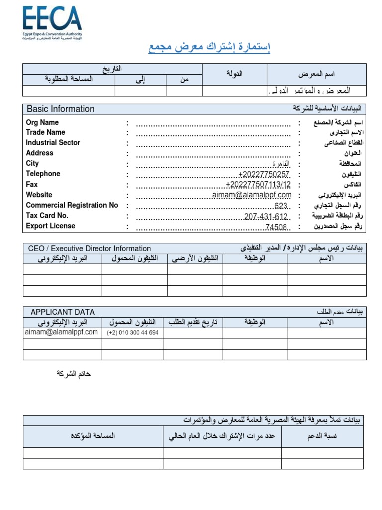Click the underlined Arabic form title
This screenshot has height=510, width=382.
[209, 48]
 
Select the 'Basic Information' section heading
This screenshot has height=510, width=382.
[60, 109]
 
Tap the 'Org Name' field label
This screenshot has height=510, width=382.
[42, 122]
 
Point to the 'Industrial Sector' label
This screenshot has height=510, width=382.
[53, 143]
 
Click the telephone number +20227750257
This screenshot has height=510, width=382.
[264, 174]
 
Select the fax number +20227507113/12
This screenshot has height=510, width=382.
[258, 185]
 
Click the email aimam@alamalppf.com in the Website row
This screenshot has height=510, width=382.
[252, 195]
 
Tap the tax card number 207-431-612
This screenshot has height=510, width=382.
[266, 216]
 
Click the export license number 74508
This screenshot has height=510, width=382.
[277, 227]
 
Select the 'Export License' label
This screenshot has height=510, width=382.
[50, 226]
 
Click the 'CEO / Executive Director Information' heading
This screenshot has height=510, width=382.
[90, 248]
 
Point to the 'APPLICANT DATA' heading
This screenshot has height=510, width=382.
[62, 312]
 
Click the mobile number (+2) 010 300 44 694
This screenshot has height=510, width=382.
[133, 333]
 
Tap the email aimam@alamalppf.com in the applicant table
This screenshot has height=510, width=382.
[61, 332]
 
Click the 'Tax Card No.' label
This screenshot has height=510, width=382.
[47, 216]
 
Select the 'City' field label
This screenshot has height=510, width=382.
[32, 164]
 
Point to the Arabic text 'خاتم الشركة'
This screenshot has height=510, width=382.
[74, 374]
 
